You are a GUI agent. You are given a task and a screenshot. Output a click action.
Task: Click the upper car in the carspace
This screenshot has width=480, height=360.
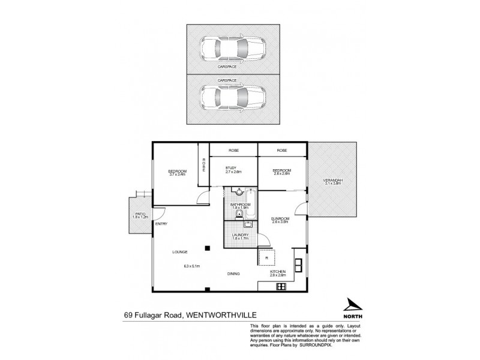tap(231, 49)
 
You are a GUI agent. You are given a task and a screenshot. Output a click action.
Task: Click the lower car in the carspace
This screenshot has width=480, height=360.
tap(231, 97)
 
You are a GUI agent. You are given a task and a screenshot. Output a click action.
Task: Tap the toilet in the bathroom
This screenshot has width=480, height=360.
tap(239, 214)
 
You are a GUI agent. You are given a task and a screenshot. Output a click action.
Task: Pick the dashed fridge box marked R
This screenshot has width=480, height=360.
tap(266, 258)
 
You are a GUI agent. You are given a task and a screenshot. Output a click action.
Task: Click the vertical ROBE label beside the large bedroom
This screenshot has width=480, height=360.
tap(203, 165)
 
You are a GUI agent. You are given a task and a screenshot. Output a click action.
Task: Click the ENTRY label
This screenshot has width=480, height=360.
tap(160, 224)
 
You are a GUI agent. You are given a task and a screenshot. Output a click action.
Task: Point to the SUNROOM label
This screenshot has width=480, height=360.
tap(281, 218)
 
